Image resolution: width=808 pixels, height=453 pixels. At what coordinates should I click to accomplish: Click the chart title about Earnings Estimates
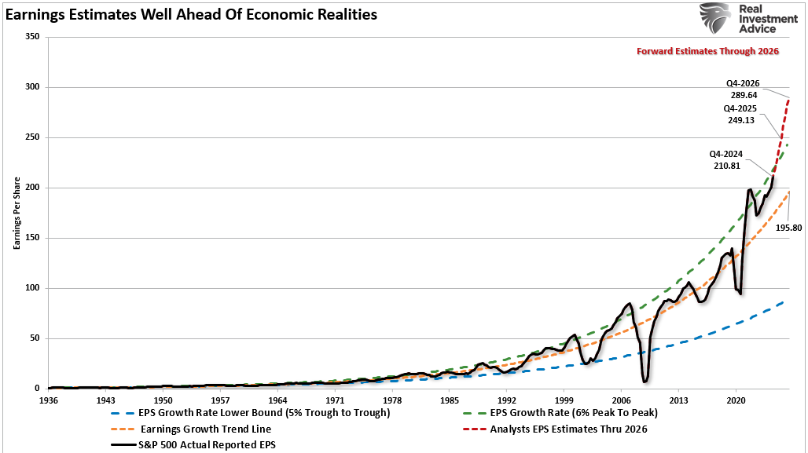click(x=191, y=14)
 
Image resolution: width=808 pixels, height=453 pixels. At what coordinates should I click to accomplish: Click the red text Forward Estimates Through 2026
click(x=707, y=51)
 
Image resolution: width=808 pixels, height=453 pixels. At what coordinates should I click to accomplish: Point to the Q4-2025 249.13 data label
click(x=743, y=115)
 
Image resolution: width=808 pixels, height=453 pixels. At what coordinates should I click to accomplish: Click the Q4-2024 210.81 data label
click(x=726, y=160)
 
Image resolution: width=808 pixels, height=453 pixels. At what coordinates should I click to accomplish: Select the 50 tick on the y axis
click(x=34, y=338)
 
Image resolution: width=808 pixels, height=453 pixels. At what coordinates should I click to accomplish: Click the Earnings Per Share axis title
click(x=15, y=213)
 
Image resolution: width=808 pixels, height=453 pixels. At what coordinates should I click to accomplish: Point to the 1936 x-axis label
click(x=49, y=399)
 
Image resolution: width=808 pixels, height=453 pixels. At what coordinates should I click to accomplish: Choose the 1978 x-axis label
click(x=392, y=399)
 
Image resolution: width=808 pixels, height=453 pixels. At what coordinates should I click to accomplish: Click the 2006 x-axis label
click(x=621, y=399)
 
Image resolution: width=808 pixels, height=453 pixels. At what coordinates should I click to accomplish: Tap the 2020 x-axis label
click(x=736, y=399)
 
